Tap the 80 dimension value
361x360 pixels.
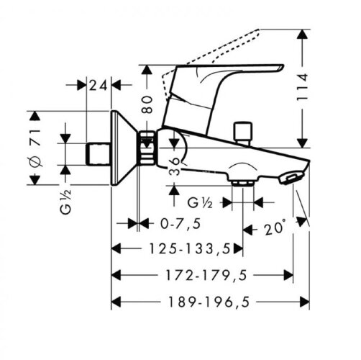click(147, 104)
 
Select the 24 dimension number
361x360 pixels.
click(99, 86)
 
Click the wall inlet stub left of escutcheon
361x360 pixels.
click(96, 152)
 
